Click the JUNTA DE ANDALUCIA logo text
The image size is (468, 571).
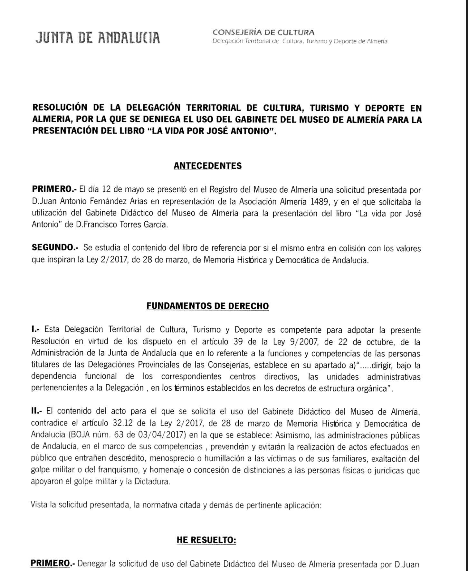point(98,37)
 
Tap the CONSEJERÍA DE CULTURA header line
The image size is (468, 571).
point(263,32)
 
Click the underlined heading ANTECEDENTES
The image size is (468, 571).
point(208,166)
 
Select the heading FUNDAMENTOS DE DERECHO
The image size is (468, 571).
point(207,306)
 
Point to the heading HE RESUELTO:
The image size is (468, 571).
point(206,540)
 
